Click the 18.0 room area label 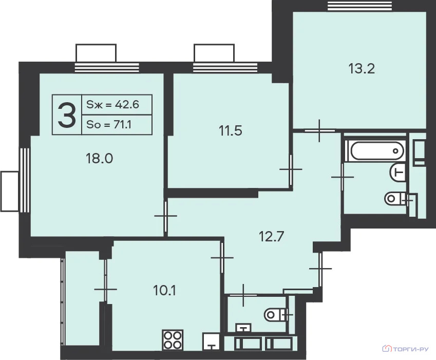click(99, 159)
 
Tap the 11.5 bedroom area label click(231, 130)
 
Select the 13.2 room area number click(362, 69)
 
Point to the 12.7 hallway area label click(271, 237)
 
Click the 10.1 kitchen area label click(164, 291)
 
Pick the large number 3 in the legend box click(67, 115)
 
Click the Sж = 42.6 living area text click(112, 105)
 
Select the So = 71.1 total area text click(109, 125)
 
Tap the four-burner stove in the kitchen click(173, 340)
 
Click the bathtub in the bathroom click(377, 150)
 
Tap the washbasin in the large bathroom click(397, 173)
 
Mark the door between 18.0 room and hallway click(166, 216)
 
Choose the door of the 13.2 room click(320, 130)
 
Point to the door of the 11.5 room click(291, 169)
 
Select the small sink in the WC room click(243, 328)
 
